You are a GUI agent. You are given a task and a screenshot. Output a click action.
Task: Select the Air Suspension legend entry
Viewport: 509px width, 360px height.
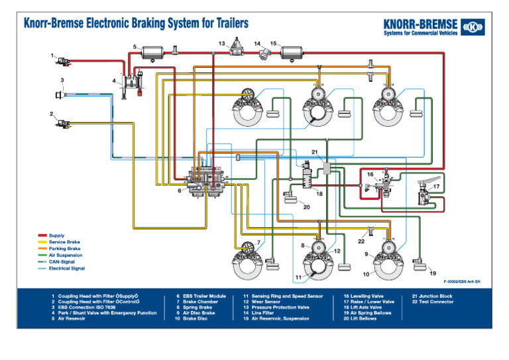65,255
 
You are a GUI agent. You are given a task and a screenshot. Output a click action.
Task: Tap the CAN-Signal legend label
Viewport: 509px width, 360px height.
62,262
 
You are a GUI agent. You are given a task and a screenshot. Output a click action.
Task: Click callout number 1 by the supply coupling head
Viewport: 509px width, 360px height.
52,56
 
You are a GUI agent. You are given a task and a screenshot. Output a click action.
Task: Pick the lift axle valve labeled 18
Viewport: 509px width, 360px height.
308,178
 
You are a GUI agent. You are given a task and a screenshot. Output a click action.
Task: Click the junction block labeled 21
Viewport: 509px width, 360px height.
327,170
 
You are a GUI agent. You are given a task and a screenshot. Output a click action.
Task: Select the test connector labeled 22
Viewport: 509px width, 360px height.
371,229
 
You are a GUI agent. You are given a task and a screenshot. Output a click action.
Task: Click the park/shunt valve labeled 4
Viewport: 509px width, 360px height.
130,84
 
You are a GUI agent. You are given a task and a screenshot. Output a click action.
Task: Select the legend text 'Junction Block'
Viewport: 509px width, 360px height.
437,296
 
